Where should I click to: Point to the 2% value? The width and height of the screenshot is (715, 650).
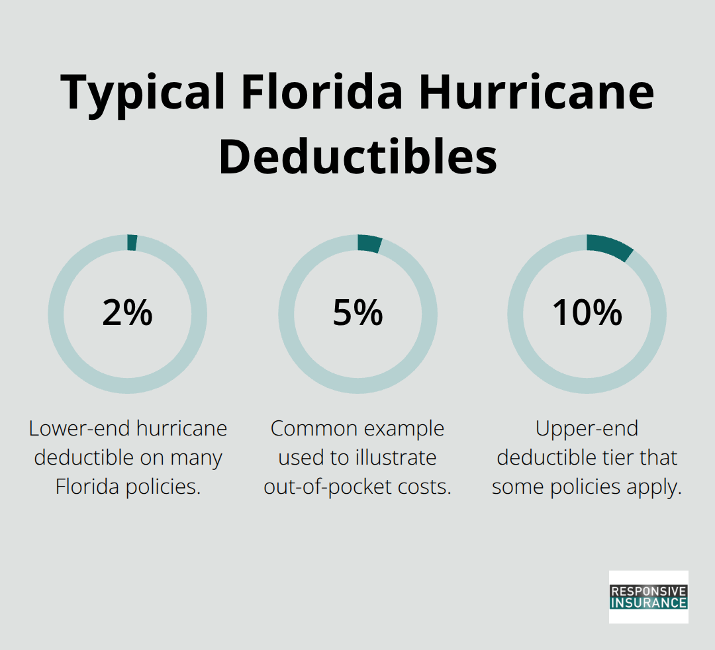tap(127, 313)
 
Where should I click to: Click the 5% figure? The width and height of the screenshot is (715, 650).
tap(358, 313)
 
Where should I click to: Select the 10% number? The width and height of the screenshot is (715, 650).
tap(587, 313)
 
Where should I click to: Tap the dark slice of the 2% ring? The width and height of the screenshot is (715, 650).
tap(132, 242)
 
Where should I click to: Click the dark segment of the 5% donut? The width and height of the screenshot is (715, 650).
tap(369, 244)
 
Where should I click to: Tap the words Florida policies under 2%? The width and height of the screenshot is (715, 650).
tap(127, 487)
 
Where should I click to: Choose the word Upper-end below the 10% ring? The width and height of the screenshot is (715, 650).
tap(587, 429)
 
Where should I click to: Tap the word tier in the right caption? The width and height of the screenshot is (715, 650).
tap(618, 457)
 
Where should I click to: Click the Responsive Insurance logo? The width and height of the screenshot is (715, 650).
tap(648, 596)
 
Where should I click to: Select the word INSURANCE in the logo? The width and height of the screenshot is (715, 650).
tap(648, 603)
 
